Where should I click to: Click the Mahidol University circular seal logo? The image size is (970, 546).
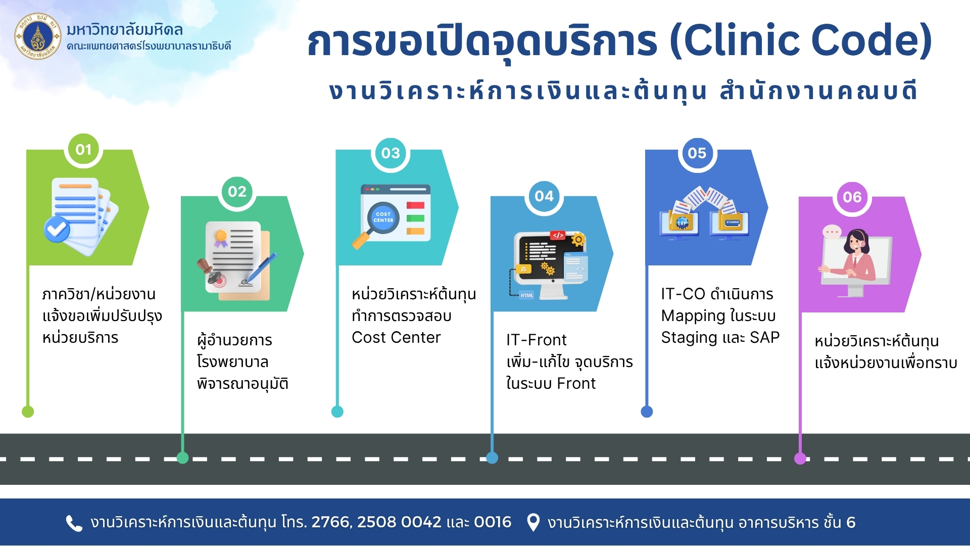pyautogui.click(x=38, y=36)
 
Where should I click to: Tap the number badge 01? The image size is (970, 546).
pyautogui.click(x=83, y=150)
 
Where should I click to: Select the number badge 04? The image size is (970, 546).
pyautogui.click(x=544, y=196)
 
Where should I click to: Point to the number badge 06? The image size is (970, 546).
pyautogui.click(x=852, y=197)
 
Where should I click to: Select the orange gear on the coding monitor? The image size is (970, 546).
pyautogui.click(x=578, y=240)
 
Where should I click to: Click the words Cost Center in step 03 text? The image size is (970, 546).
pyautogui.click(x=396, y=337)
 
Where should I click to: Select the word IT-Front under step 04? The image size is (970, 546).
pyautogui.click(x=536, y=340)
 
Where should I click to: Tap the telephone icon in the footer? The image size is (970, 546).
pyautogui.click(x=74, y=523)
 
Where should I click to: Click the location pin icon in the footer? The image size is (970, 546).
pyautogui.click(x=532, y=522)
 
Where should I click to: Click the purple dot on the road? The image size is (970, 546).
pyautogui.click(x=800, y=459)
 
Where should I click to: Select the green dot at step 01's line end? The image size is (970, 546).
pyautogui.click(x=28, y=412)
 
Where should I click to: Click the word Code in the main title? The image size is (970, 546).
pyautogui.click(x=871, y=40)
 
